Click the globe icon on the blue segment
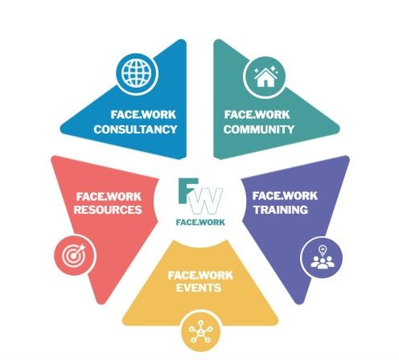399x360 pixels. tap(137, 72)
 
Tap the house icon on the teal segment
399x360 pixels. tap(265, 76)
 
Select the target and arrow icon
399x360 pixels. tap(74, 255)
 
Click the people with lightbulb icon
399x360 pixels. tap(323, 257)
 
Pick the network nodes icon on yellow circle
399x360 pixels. tap(200, 331)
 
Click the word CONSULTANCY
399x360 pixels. tap(135, 129)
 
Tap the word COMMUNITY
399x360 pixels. tap(259, 129)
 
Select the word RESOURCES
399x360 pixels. tap(108, 210)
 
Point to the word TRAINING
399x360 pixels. tap(281, 210)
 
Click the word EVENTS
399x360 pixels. tap(199, 288)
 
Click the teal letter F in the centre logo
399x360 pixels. tap(188, 190)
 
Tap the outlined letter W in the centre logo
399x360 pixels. tap(206, 201)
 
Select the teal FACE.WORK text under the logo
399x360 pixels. tap(200, 222)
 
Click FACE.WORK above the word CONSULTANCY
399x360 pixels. tap(143, 115)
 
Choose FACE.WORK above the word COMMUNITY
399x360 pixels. tap(257, 115)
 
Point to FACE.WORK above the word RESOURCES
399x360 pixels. tap(109, 197)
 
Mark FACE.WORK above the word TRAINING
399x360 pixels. tap(285, 196)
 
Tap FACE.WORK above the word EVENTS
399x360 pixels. tap(200, 276)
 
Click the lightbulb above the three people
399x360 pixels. tap(323, 250)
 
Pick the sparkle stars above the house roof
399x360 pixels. tap(265, 70)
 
